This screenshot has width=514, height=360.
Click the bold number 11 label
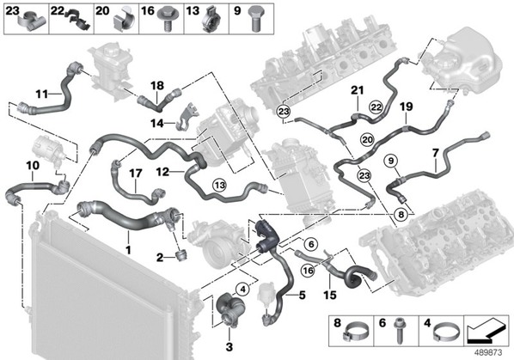coord(41,95)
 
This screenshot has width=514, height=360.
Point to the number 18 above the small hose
coord(157,86)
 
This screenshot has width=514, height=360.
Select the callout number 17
coord(136,174)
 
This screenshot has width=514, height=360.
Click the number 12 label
coord(162,171)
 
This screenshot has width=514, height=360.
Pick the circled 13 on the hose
coord(220,186)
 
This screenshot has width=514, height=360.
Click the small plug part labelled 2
coord(181,254)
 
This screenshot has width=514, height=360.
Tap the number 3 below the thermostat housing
coord(229,346)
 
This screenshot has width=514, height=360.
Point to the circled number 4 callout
coord(242,290)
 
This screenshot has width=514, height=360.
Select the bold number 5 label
coord(302,295)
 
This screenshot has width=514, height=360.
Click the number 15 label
coord(330,295)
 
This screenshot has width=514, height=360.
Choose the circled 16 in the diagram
coord(308,271)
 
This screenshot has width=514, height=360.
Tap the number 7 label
coord(435,153)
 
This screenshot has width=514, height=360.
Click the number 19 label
coord(407,107)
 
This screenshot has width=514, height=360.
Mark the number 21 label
coord(358,90)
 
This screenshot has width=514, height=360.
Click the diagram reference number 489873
coord(488,353)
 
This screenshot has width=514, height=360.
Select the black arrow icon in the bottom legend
coord(486,331)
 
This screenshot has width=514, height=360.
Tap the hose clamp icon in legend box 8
coord(355,332)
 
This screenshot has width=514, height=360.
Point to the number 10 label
coord(33,166)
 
